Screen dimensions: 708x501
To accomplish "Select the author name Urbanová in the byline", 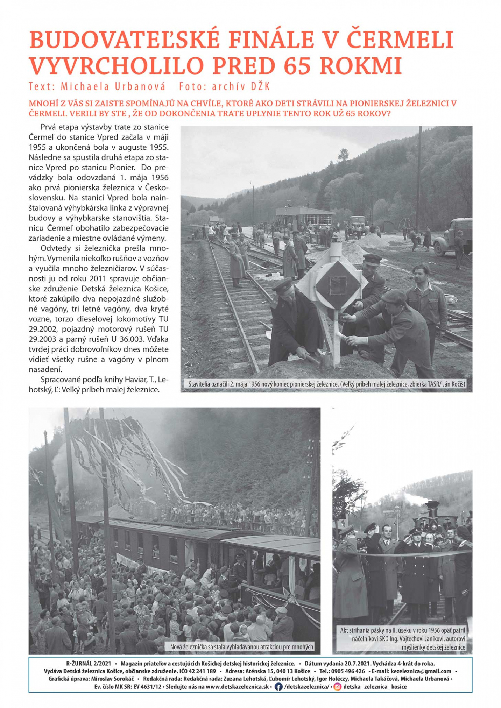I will pos(140,87).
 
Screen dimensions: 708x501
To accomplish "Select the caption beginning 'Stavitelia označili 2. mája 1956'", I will pos(326,384).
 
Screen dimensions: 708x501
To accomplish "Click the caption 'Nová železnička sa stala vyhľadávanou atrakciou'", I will pos(241,646).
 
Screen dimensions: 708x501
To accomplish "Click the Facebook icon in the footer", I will pos(278,687).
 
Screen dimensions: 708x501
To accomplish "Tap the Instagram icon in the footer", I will pos(337,687).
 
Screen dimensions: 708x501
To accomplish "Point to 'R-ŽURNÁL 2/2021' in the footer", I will pos(89,664).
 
